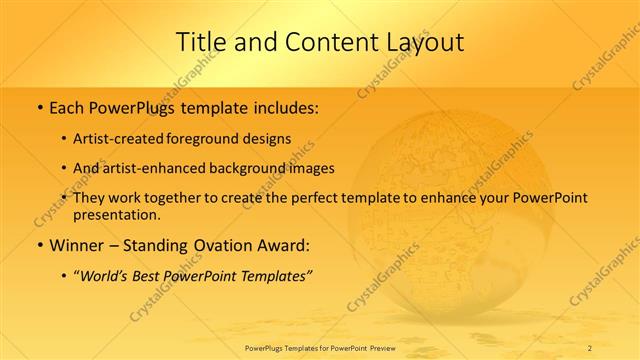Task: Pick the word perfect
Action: coord(320,198)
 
